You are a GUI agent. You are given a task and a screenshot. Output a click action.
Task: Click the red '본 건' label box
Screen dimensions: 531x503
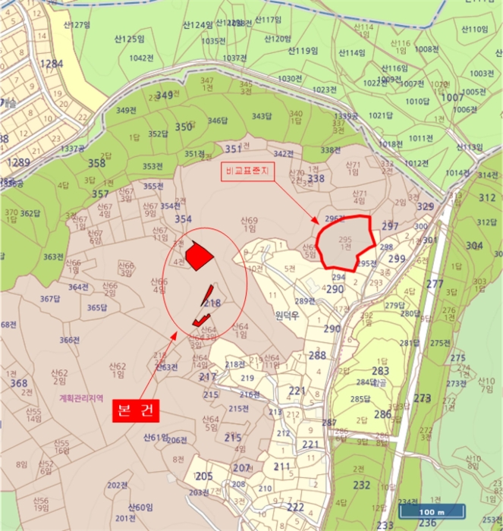(137, 410)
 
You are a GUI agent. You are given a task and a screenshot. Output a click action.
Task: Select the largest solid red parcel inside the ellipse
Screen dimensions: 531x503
(198, 256)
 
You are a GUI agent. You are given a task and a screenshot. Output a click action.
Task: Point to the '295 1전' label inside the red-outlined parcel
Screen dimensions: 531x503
(345, 243)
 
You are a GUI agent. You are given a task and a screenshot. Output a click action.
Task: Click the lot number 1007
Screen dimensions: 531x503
(453, 97)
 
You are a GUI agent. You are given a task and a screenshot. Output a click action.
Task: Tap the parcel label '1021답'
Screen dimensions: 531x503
(381, 115)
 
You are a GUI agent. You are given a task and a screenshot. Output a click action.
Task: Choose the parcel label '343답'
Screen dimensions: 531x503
(262, 116)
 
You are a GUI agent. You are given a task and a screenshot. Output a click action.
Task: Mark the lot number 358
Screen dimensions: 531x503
(96, 163)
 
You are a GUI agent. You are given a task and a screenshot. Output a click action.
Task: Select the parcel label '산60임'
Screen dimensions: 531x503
(140, 507)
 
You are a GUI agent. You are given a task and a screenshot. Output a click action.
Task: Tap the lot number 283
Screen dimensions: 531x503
(380, 371)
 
